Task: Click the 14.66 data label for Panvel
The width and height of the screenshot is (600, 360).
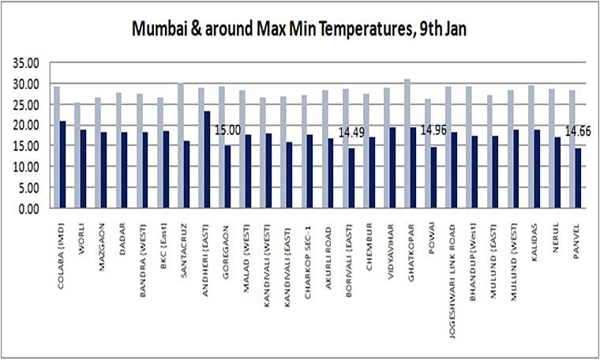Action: (578, 133)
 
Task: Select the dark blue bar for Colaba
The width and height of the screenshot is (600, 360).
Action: (62, 165)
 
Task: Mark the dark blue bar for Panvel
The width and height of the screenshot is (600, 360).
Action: (579, 178)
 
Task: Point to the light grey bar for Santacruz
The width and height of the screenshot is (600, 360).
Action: (180, 146)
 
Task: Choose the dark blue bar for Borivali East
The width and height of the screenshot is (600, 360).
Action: (351, 179)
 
